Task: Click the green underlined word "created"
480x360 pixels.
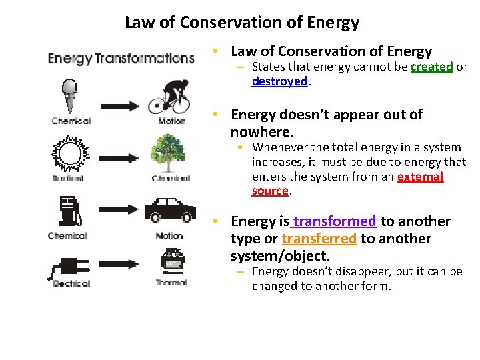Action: pos(432,67)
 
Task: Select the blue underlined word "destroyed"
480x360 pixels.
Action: pos(279,81)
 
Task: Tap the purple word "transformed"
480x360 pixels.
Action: pos(335,221)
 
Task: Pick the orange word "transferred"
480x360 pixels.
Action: pos(319,239)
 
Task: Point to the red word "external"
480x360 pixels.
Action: pos(420,177)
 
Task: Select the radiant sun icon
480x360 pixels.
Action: pos(69,153)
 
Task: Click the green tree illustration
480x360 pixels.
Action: pos(171,153)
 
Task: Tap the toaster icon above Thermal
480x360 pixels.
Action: pos(171,261)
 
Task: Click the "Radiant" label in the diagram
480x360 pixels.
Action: pos(68,179)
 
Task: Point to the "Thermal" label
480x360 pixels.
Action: pos(171,283)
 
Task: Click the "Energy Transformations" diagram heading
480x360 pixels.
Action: pos(121,59)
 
